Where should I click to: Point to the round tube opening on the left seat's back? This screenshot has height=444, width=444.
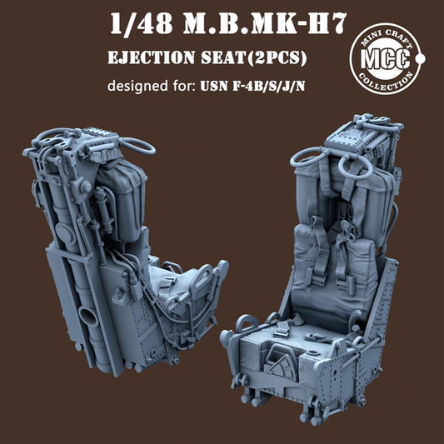(87, 317)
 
